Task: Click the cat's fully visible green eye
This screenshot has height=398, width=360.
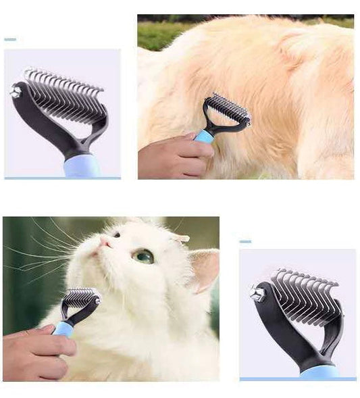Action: click(x=143, y=256)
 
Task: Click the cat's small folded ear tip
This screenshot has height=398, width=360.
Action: click(x=180, y=238)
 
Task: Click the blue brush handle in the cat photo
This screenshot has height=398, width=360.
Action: click(x=64, y=328)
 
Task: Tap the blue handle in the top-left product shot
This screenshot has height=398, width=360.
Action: click(x=82, y=166)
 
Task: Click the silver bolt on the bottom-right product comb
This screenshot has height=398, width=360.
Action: click(x=257, y=293)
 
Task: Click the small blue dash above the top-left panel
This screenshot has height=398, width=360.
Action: click(x=10, y=40)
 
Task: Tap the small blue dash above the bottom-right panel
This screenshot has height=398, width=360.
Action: click(x=245, y=241)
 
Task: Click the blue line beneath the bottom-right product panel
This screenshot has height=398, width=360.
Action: click(x=298, y=379)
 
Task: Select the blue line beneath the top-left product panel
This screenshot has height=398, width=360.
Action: click(x=62, y=178)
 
